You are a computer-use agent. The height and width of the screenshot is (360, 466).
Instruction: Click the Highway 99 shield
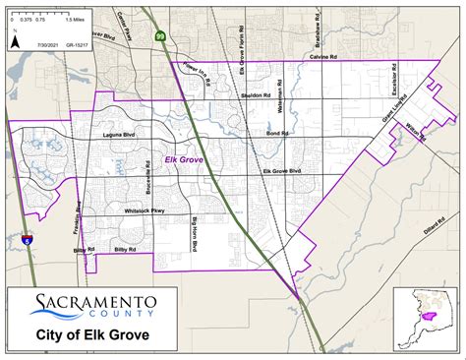tap(160, 34)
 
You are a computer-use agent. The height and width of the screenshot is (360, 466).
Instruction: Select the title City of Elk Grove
tap(93, 334)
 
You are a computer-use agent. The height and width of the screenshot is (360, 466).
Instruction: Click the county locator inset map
tap(427, 317)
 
